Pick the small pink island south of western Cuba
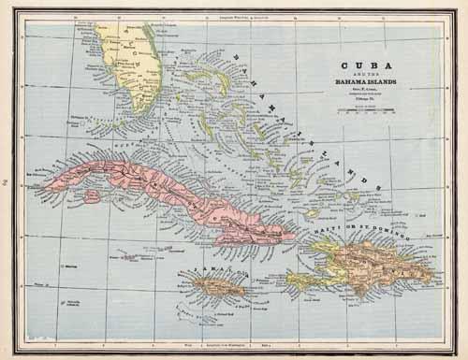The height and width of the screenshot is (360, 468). (91, 196)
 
